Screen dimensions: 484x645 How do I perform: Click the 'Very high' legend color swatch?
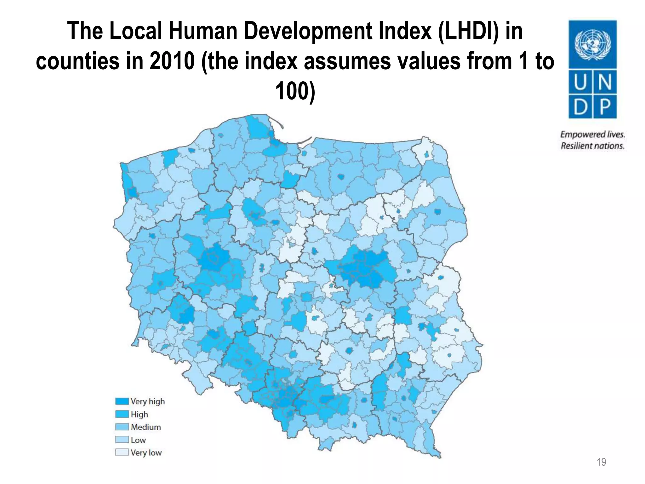122,401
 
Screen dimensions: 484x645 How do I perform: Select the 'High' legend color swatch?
122,414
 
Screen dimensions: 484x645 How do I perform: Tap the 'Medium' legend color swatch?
122,427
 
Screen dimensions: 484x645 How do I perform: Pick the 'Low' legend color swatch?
122,440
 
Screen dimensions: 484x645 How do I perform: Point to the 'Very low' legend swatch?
122,452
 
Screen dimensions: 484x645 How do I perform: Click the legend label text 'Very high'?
148,401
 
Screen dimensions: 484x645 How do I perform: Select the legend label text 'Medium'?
146,427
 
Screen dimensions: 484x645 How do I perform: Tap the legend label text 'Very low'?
146,452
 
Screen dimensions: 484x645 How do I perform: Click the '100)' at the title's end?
295,91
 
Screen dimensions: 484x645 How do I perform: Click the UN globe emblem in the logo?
592,44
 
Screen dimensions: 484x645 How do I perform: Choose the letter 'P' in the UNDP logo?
605,107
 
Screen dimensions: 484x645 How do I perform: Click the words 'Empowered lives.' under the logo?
592,135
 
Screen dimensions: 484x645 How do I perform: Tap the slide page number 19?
601,462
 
